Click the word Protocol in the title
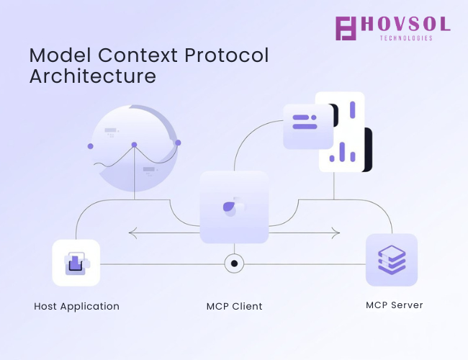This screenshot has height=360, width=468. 227,55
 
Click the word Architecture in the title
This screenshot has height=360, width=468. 93,76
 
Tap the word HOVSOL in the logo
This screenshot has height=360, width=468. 405,24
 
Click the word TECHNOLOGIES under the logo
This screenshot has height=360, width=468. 406,38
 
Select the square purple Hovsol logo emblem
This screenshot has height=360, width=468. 346,28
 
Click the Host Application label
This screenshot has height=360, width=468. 77,307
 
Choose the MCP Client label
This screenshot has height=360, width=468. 234,307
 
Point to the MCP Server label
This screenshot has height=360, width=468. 395,305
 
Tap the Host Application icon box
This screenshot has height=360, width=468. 76,263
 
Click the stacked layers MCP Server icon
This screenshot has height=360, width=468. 392,260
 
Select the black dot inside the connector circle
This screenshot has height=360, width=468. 234,264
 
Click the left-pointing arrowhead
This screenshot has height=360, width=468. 132,233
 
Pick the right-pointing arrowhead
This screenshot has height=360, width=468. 336,233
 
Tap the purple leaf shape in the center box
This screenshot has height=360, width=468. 229,207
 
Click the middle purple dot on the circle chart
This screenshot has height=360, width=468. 135,145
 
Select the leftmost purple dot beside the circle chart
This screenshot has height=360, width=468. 91,146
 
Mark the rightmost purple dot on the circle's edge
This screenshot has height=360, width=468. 178,143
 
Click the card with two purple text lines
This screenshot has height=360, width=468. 308,126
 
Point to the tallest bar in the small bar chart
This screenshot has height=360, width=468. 342,152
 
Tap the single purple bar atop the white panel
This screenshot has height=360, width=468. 353,110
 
